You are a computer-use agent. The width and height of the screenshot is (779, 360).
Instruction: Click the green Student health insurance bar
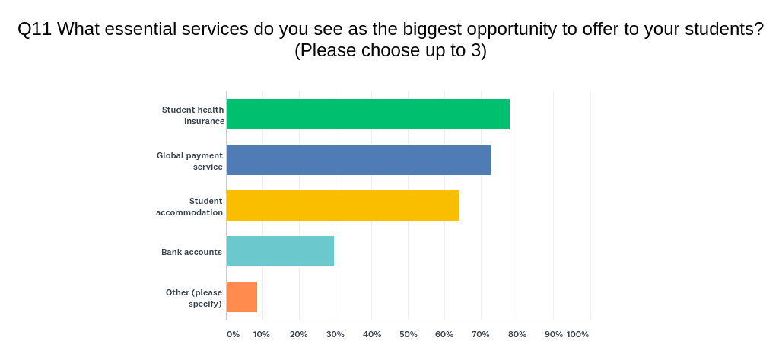click(x=368, y=114)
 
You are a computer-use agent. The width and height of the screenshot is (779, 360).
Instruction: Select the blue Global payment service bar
click(x=359, y=160)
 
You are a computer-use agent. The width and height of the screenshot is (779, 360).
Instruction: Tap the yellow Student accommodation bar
click(x=343, y=205)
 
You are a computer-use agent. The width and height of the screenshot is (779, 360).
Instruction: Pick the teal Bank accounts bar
click(x=280, y=251)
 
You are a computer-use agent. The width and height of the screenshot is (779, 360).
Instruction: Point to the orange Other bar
click(x=242, y=297)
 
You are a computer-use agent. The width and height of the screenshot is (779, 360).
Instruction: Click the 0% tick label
click(x=233, y=335)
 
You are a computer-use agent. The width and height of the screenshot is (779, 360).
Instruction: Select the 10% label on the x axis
click(x=262, y=335)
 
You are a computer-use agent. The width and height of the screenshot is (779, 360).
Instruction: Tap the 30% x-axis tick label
click(x=335, y=335)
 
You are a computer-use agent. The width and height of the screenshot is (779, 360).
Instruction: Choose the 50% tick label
click(x=408, y=335)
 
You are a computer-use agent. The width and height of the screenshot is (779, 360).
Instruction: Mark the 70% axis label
click(x=481, y=335)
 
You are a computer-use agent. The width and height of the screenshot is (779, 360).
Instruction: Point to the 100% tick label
click(x=578, y=335)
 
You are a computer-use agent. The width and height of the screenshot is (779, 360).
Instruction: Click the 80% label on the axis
click(x=517, y=335)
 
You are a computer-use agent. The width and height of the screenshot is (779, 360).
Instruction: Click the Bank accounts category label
click(x=192, y=252)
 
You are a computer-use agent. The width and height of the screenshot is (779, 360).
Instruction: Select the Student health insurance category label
click(x=192, y=116)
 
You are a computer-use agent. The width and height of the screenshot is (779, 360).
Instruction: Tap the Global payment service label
click(x=189, y=161)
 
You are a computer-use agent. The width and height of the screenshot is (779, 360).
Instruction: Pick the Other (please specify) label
click(x=194, y=298)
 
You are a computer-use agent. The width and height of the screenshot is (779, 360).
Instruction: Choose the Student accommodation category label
click(x=189, y=207)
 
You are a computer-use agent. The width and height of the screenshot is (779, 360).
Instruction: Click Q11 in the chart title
click(x=35, y=30)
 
